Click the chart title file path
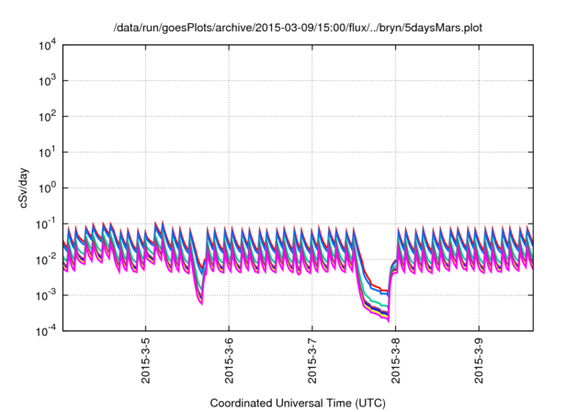pos(298,29)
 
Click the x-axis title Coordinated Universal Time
pos(298,403)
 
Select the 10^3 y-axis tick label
pos(46,81)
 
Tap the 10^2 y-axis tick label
pos(46,117)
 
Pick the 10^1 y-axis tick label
pos(46,153)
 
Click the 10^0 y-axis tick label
pos(46,188)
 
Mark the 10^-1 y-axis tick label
pos(46,223)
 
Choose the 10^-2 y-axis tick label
pos(46,259)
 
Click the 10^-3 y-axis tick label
pos(46,295)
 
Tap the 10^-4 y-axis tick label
pos(46,330)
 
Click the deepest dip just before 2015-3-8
pos(387,317)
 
